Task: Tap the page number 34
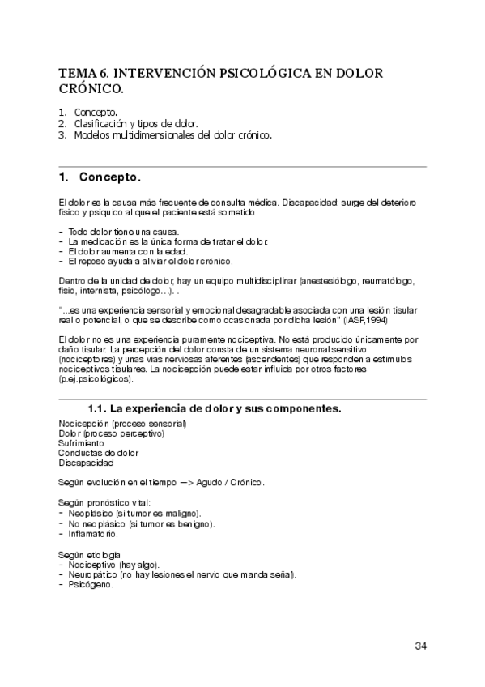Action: (x=420, y=646)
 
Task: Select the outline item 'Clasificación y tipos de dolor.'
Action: (x=136, y=123)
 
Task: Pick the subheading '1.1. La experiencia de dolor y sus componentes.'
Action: (x=214, y=408)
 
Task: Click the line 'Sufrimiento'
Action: (x=81, y=443)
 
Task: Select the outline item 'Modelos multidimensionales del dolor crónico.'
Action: (x=172, y=135)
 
